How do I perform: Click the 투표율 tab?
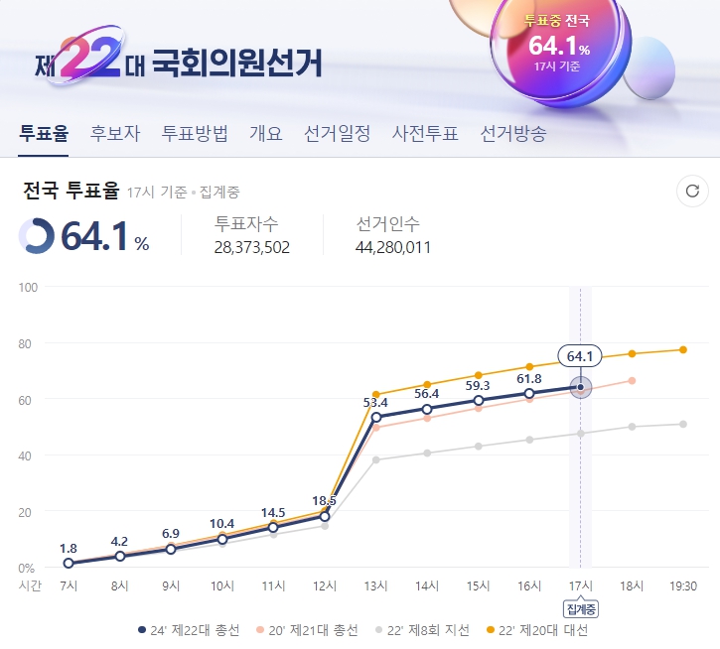(x=44, y=134)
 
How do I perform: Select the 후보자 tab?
(x=115, y=134)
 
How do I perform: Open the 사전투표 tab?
(x=425, y=134)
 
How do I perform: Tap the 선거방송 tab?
(x=512, y=134)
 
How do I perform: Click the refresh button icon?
(x=692, y=192)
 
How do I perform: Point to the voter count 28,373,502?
(x=252, y=247)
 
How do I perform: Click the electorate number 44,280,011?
(x=393, y=247)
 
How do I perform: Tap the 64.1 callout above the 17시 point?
(x=580, y=356)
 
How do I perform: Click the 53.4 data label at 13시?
(x=375, y=402)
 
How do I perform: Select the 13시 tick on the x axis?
(x=375, y=586)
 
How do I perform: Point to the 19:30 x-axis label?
(x=682, y=586)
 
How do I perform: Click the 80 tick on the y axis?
(x=27, y=344)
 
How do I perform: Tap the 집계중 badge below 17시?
(x=580, y=608)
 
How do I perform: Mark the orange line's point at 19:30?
(x=682, y=349)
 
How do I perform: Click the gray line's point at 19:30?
(x=682, y=424)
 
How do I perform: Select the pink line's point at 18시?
(x=632, y=380)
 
